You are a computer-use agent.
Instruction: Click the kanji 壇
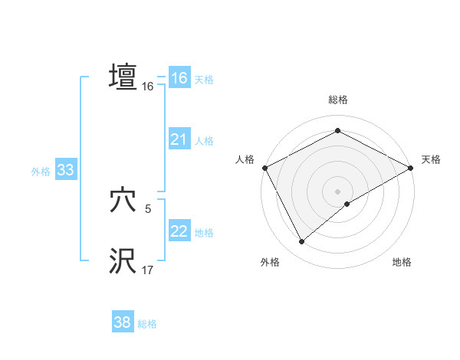(x=123, y=77)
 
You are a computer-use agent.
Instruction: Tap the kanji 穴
(x=123, y=201)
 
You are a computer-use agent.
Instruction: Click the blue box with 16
(x=179, y=78)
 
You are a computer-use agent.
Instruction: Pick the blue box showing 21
(x=179, y=139)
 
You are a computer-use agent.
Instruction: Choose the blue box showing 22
(x=179, y=231)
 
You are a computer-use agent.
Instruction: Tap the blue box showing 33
(x=65, y=170)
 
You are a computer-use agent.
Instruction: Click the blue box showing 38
(x=122, y=322)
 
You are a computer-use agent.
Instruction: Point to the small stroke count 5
(x=147, y=209)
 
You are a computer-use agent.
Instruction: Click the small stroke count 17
(x=147, y=270)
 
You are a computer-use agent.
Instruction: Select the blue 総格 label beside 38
(x=147, y=324)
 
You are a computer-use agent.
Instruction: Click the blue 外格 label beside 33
(x=41, y=172)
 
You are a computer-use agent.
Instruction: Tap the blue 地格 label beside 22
(x=204, y=233)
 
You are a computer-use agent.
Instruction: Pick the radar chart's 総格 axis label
(x=337, y=100)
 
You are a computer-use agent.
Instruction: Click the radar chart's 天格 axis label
(x=431, y=159)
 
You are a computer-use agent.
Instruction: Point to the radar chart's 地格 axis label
(x=402, y=262)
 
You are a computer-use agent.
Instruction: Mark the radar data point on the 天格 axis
(x=412, y=167)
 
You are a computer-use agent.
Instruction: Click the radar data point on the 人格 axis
(x=264, y=167)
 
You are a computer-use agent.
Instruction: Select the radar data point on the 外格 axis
(x=302, y=241)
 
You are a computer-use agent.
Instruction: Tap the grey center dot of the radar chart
(x=337, y=191)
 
